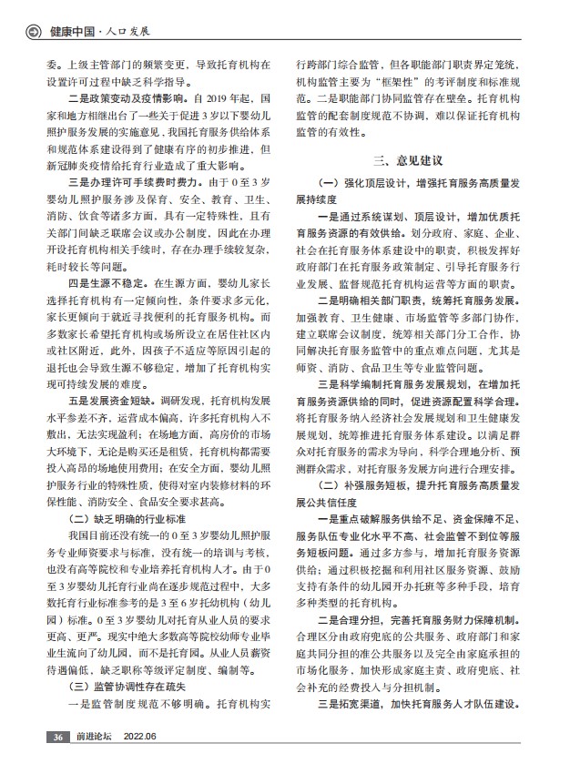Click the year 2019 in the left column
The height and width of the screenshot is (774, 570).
pos(222,95)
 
